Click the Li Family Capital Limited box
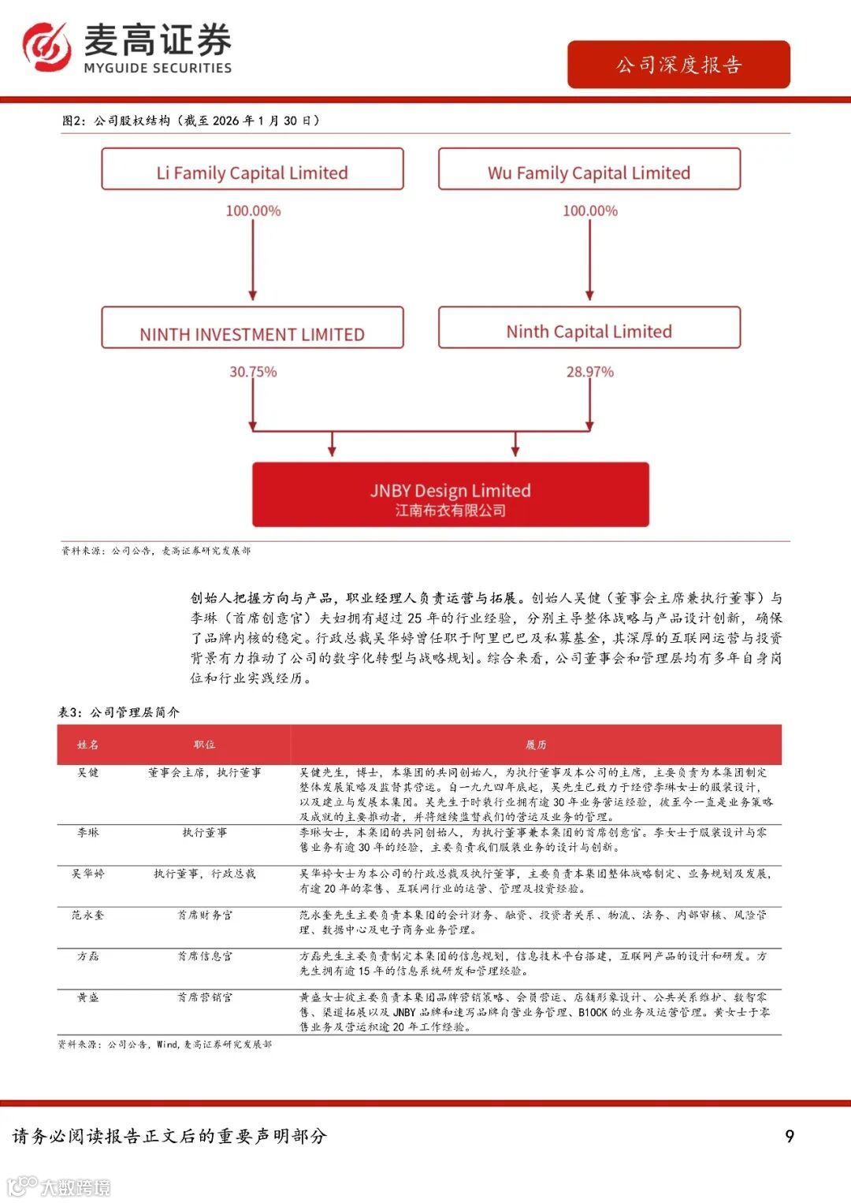tap(252, 170)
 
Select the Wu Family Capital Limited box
tap(589, 170)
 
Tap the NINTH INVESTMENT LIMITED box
tap(252, 329)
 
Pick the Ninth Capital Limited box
tap(589, 329)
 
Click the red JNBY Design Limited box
tap(451, 496)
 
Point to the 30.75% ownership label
tap(253, 372)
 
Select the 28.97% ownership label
tap(590, 372)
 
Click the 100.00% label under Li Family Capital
tap(253, 211)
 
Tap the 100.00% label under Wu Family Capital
tap(590, 211)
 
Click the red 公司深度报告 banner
tap(678, 65)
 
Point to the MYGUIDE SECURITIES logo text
tap(158, 68)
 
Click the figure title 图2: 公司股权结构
tap(191, 121)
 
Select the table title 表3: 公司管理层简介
tap(119, 712)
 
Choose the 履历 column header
tap(536, 744)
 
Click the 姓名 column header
tap(88, 744)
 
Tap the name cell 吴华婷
tap(88, 874)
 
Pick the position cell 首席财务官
tap(205, 915)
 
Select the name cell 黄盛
tap(88, 997)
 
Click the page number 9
tap(790, 1136)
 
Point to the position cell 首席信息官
tap(205, 956)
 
